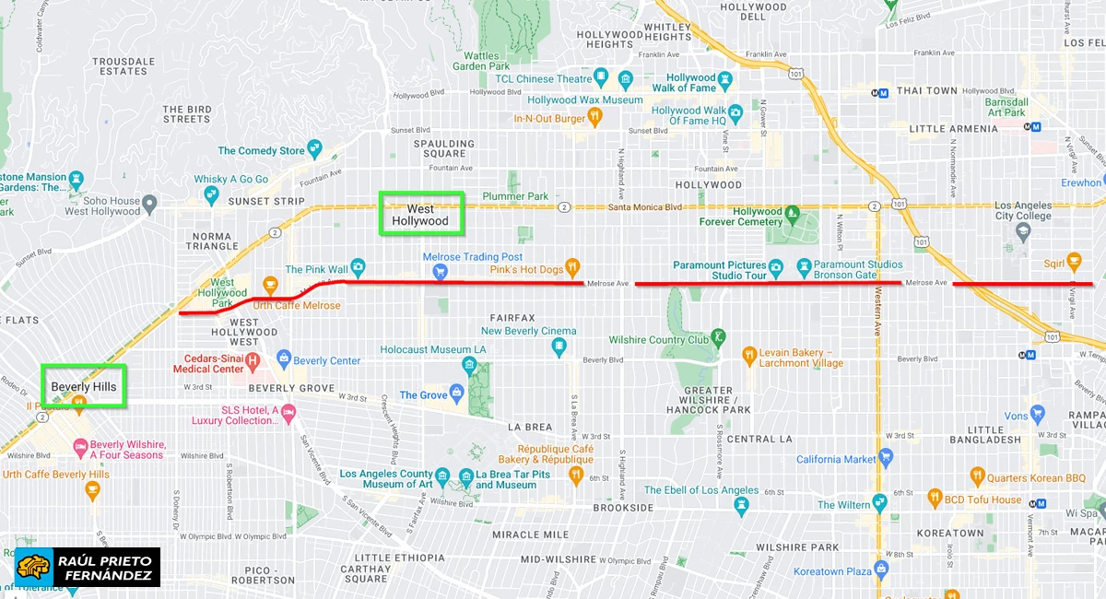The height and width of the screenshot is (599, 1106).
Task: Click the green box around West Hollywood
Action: click(421, 213)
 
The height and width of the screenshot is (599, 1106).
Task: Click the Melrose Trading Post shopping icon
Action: click(441, 271)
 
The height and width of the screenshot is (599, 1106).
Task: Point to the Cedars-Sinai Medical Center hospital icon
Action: click(253, 358)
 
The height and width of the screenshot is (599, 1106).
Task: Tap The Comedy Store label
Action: click(261, 150)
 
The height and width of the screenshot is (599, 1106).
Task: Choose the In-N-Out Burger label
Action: click(549, 119)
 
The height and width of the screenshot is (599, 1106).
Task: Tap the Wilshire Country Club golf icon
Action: click(718, 337)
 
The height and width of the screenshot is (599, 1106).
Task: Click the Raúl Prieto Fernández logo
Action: click(88, 567)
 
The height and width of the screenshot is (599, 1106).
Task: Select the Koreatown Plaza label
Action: click(832, 571)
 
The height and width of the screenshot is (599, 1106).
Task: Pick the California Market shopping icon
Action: click(886, 454)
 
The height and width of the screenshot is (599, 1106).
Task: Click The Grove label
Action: click(423, 395)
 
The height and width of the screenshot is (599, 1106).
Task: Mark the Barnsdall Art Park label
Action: click(1004, 107)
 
